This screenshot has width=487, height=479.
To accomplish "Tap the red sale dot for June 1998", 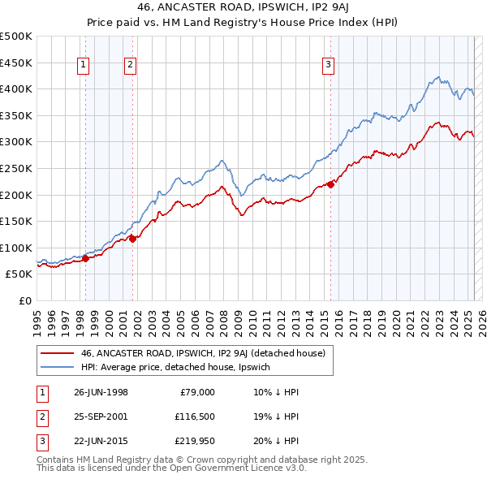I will coord(85,259).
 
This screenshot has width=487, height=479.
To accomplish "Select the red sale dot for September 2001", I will coord(132,239).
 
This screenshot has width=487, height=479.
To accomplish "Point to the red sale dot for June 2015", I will coord(330,184).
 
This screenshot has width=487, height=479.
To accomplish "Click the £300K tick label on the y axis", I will coord(16,142).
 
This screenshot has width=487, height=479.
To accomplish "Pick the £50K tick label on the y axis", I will coord(19,274).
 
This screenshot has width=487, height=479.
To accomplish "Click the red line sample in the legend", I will coord(57,353).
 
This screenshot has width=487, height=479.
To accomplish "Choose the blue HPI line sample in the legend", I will coord(57,368).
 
